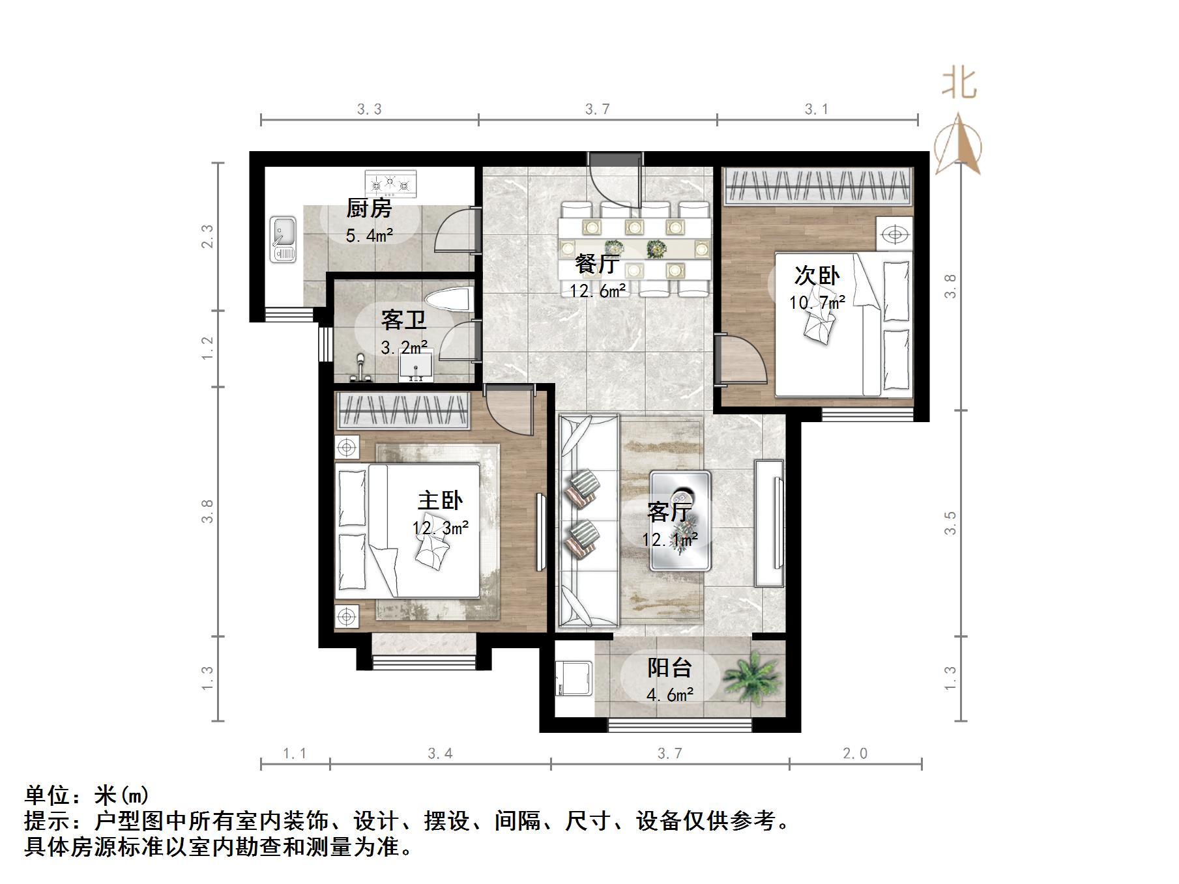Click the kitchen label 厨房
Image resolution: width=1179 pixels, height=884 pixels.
click(369, 208)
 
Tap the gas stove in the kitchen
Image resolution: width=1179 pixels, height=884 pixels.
click(390, 183)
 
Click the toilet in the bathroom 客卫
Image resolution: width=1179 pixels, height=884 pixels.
click(448, 300)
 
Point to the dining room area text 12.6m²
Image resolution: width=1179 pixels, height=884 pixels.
click(598, 291)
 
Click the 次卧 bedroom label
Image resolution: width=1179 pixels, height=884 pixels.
click(817, 276)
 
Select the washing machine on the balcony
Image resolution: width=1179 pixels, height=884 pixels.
click(574, 679)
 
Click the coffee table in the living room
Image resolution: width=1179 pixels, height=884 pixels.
click(680, 521)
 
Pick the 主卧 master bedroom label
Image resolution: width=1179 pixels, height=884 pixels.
click(440, 500)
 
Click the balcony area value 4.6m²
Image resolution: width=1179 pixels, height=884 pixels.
click(669, 695)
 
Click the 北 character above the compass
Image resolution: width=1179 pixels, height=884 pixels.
click(959, 85)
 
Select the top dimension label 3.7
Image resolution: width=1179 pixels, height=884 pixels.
click(597, 109)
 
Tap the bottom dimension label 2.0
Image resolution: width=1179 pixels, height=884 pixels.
click(855, 754)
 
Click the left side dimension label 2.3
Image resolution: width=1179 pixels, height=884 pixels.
click(207, 236)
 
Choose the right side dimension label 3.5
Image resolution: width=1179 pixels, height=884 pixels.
click(950, 522)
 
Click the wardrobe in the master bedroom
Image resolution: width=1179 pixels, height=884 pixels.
click(404, 411)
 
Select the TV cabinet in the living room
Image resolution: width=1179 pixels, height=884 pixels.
click(769, 523)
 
